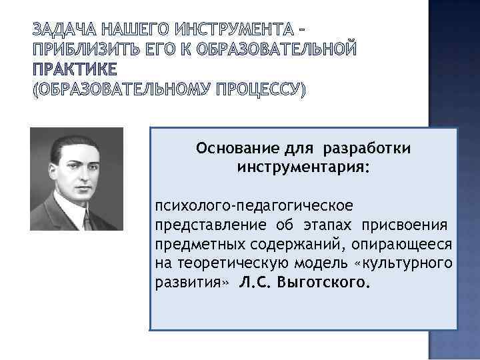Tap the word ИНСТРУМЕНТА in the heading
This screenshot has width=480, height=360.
[x=236, y=30]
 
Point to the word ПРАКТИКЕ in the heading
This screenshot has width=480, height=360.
[x=74, y=69]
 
